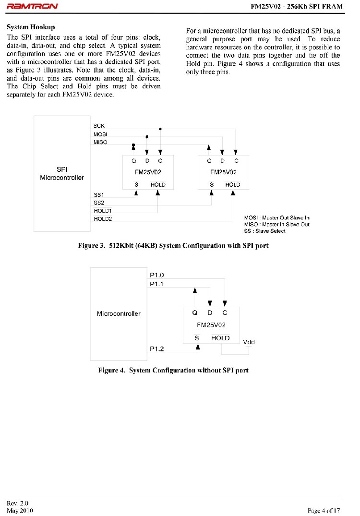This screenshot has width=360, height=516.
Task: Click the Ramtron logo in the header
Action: point(32,6)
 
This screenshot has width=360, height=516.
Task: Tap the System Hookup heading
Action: point(31,27)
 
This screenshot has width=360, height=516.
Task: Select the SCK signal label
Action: point(99,126)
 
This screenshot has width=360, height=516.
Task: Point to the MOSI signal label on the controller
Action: point(100,134)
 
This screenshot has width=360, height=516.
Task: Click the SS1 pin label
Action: point(99,195)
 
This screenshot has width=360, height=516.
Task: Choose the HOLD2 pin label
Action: point(103,218)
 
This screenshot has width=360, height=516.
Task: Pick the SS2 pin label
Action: point(99,203)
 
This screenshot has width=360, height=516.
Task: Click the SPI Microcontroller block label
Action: point(61,174)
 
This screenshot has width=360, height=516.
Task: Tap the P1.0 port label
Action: point(156,276)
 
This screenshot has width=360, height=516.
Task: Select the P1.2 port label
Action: point(156,349)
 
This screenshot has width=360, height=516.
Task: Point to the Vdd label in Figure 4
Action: point(249,342)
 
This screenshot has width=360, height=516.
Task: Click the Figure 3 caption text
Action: point(173,246)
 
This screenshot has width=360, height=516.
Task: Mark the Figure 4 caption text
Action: point(173,371)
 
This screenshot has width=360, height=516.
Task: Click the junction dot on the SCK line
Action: point(160,129)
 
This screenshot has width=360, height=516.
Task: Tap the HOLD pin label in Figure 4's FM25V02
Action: point(220,338)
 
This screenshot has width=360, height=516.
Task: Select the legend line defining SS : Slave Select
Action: point(264,231)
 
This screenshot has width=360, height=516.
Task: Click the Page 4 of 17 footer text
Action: point(324,510)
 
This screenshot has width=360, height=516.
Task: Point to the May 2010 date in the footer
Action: point(20,510)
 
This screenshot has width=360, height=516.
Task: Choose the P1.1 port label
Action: point(156,284)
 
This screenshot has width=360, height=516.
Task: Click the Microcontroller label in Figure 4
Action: point(119,314)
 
